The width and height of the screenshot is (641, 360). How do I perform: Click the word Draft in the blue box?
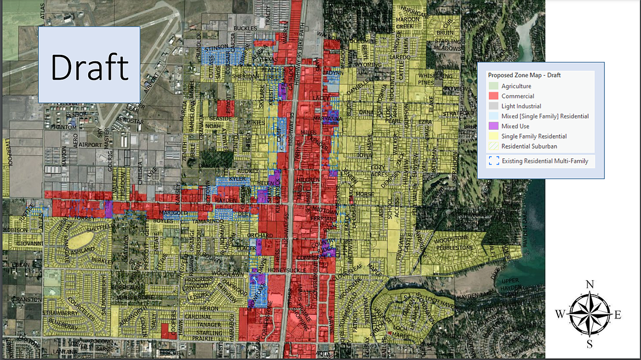(89, 66)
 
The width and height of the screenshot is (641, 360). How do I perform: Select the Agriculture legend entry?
(516, 86)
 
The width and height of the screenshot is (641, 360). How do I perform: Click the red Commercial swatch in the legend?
(494, 96)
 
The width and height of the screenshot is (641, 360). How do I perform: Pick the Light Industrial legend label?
(521, 106)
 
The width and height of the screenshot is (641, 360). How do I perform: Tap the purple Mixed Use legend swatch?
(494, 127)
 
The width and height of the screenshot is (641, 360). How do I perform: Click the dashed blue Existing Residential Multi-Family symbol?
(494, 161)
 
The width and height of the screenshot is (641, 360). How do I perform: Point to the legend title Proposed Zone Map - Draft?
(524, 75)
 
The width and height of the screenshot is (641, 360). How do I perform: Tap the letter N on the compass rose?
(590, 284)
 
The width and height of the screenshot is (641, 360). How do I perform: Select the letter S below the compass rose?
(590, 344)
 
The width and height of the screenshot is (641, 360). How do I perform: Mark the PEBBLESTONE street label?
(454, 248)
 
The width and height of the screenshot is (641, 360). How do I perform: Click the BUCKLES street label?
(245, 27)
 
